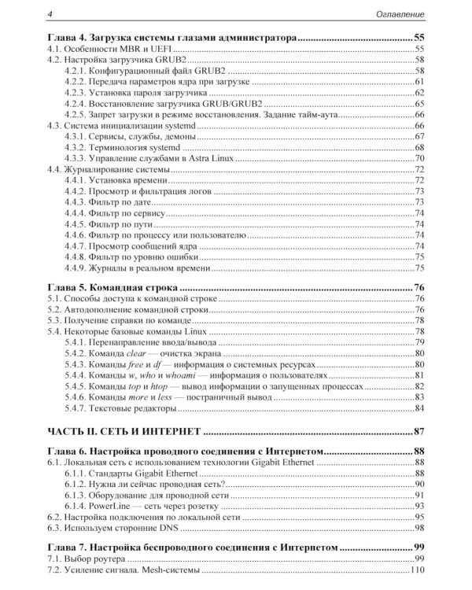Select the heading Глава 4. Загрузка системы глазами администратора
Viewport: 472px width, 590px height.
[171, 37]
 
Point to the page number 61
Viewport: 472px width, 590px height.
[419, 81]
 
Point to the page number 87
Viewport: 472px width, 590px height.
[419, 431]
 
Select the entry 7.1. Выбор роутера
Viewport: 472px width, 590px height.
[87, 557]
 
